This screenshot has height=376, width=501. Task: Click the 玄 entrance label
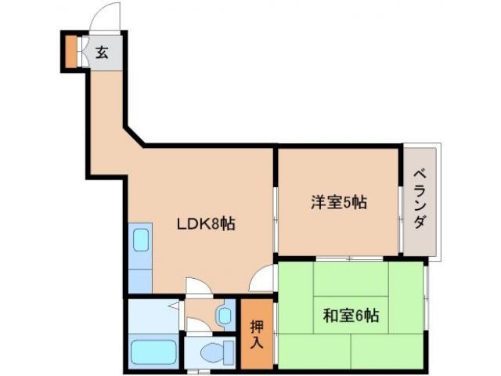[x=103, y=53]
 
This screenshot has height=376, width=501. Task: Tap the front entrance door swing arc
[x=105, y=17]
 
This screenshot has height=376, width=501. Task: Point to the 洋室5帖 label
[x=337, y=202]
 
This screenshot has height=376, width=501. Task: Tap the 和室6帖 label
[x=350, y=316]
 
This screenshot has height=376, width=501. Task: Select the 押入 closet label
[x=256, y=333]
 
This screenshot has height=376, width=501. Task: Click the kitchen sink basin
[x=141, y=239]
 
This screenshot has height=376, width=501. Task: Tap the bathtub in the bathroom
[x=154, y=352]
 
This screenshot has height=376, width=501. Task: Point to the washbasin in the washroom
[x=225, y=315]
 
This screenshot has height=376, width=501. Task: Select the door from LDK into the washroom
[x=196, y=287]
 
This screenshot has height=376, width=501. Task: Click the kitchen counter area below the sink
[x=141, y=274]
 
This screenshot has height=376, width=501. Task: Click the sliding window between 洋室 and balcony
[x=401, y=200]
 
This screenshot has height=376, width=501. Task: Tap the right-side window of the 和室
[x=427, y=313]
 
